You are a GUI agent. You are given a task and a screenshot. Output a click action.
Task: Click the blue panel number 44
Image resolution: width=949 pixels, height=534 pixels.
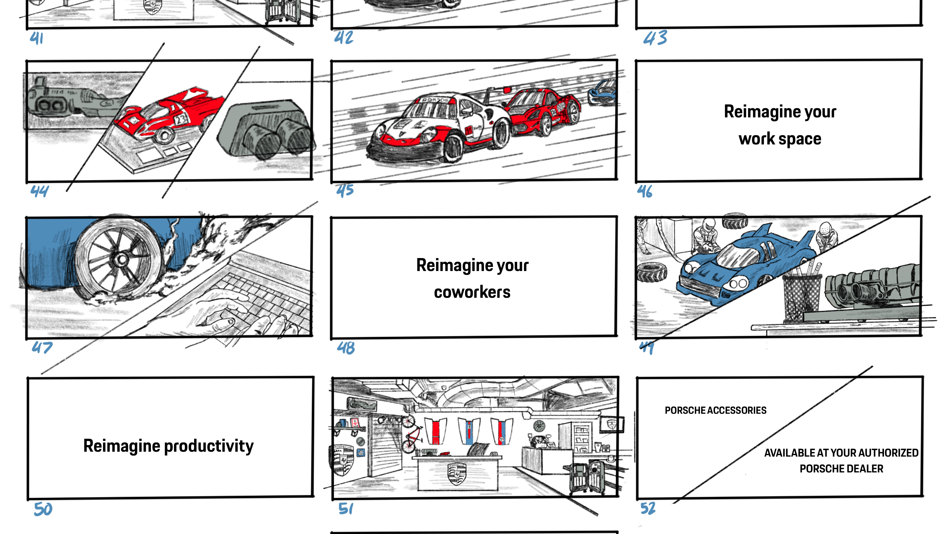(39, 191)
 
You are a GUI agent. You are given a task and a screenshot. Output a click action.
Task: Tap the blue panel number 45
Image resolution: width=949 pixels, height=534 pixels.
(345, 190)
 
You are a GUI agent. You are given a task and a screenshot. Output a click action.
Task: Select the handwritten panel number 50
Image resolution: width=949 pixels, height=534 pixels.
(43, 509)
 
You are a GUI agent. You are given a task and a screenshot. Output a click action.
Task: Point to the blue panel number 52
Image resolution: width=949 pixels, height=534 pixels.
(648, 508)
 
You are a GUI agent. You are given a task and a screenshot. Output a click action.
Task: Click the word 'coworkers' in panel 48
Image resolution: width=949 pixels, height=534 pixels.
(472, 292)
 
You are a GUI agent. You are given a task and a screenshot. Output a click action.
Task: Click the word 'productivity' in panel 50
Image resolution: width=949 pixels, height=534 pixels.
(208, 446)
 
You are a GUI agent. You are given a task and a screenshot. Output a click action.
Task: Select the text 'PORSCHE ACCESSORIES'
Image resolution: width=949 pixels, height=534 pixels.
(715, 410)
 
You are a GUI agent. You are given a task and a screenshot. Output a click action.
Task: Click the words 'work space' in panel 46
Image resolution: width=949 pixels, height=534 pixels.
(780, 139)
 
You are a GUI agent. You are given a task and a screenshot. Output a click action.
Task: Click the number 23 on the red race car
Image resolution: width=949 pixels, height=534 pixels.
(181, 119)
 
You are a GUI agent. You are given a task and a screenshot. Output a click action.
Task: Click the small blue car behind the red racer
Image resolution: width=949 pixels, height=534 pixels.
(602, 92)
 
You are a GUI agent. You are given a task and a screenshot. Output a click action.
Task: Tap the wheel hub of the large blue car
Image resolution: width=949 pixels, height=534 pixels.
(120, 259)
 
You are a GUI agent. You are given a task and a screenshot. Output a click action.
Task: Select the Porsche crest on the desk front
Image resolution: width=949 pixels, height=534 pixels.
(457, 474)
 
